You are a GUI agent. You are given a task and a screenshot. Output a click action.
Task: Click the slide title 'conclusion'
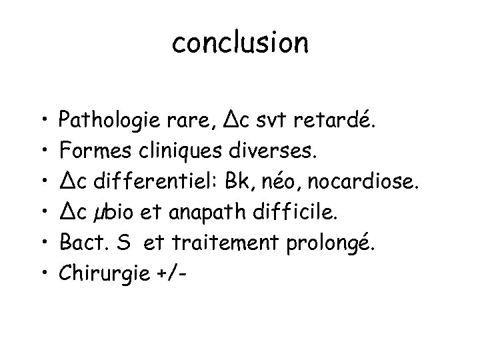tap(240, 43)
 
